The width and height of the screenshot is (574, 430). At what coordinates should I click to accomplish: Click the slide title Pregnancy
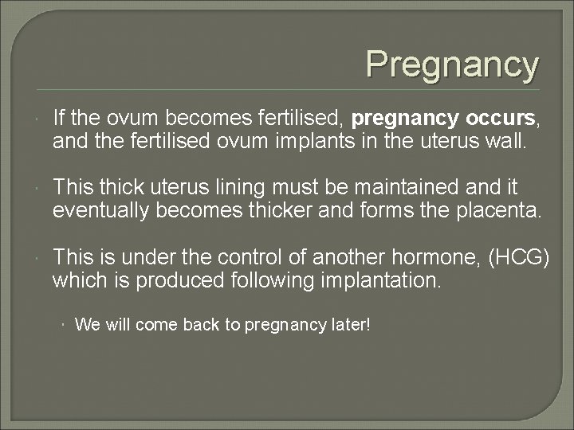click(x=452, y=64)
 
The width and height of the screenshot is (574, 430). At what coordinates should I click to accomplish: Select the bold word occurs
click(x=497, y=119)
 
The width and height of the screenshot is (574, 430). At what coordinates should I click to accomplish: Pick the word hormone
click(x=428, y=257)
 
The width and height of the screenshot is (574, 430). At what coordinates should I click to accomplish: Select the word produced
click(x=177, y=280)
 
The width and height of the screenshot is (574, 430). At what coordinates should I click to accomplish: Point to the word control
click(x=248, y=257)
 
